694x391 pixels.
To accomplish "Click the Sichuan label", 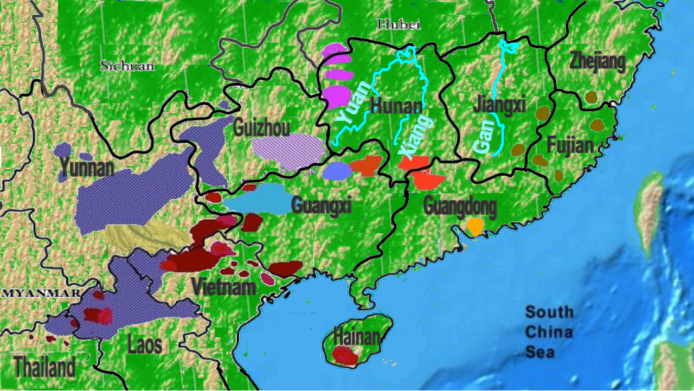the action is click(x=127, y=66).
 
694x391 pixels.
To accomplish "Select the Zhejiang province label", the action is click(x=597, y=61).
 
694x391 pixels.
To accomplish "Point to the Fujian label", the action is click(x=570, y=145).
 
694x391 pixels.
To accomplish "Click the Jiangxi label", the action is click(x=499, y=104).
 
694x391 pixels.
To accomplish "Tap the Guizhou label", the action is click(x=261, y=127).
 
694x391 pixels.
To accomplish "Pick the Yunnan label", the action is click(x=87, y=168).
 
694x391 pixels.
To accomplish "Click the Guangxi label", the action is click(x=322, y=206).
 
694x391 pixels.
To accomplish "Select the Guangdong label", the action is click(x=460, y=206).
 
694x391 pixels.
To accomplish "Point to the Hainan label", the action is click(x=356, y=337).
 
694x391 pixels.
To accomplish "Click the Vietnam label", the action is click(x=223, y=286).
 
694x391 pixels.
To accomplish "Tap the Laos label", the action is click(x=144, y=344).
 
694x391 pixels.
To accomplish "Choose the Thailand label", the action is click(x=44, y=367).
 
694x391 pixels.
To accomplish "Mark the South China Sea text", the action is click(x=549, y=332).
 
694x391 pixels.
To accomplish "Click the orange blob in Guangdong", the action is click(x=475, y=226).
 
